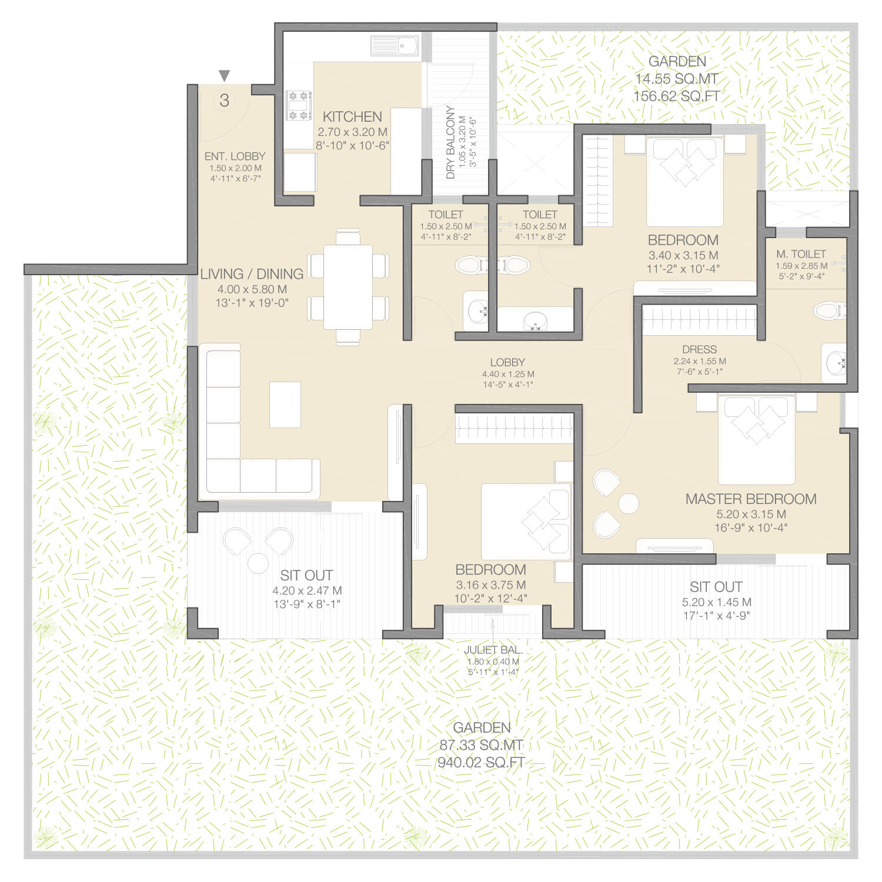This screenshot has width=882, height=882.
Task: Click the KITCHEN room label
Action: [352, 116]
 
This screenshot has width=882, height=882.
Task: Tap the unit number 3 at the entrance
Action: [224, 101]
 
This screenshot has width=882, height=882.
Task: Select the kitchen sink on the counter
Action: [395, 45]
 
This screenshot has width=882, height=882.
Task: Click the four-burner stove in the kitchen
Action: [299, 105]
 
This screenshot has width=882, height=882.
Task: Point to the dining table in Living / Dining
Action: [348, 287]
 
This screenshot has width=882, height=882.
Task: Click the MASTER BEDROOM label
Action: [751, 499]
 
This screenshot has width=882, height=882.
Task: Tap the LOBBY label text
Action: [507, 363]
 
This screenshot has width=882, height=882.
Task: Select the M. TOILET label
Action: [801, 254]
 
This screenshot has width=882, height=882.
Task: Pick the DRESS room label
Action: [700, 349]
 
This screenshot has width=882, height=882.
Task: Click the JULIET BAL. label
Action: [493, 650]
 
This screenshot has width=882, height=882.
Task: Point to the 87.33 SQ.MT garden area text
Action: [482, 745]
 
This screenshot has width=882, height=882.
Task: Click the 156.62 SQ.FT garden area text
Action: [677, 96]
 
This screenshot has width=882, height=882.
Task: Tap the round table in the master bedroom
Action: [628, 503]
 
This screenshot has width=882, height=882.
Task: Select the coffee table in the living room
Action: [285, 405]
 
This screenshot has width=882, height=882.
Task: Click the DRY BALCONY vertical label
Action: [450, 142]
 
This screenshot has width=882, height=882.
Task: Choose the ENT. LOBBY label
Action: [235, 156]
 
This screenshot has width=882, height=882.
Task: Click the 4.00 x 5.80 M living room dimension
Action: [252, 289]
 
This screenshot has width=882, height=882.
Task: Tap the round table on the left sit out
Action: [258, 563]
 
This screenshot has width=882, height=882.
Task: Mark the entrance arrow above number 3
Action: [224, 76]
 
